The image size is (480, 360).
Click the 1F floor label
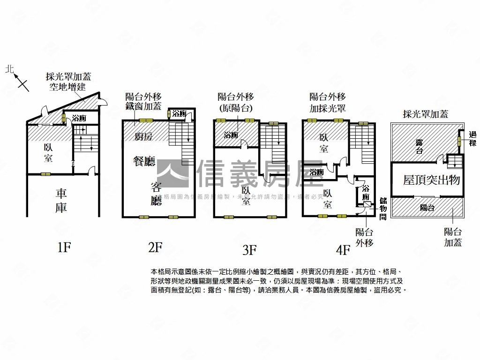[x=63, y=247]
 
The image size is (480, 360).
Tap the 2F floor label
[x=155, y=247]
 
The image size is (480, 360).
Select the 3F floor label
[x=249, y=250]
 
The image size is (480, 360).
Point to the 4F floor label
[x=343, y=250]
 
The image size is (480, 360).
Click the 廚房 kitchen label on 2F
[x=143, y=136]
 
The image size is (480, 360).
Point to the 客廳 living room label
[x=156, y=194]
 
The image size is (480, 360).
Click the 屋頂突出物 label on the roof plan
[x=432, y=180]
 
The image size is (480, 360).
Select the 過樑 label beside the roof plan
[x=472, y=139]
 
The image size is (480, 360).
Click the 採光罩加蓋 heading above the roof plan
[x=426, y=114]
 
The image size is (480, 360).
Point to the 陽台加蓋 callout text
[x=452, y=237]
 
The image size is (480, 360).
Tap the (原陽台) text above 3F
[x=236, y=108]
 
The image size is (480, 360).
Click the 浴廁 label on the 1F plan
[x=79, y=119]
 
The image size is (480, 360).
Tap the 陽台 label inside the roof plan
[x=427, y=208]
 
